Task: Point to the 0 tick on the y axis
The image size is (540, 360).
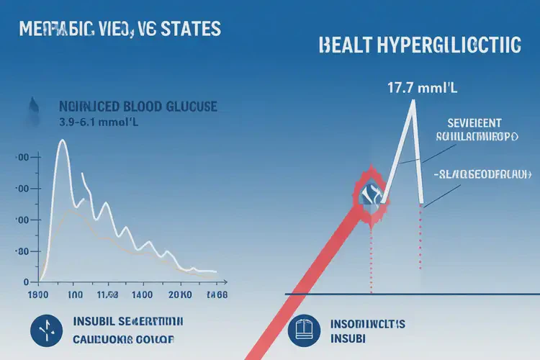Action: click(25, 282)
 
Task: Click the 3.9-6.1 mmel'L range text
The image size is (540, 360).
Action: click(99, 122)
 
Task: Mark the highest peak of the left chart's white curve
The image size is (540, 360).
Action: click(62, 142)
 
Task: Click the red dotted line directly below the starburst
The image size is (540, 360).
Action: click(372, 252)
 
